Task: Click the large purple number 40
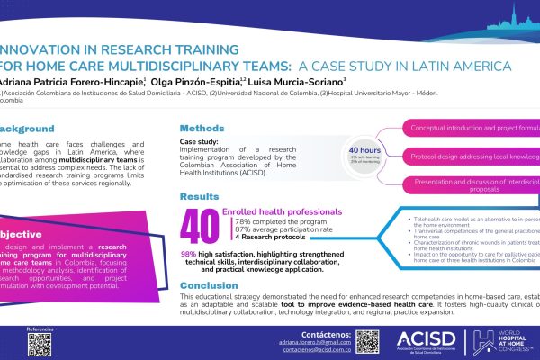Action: coord(199,225)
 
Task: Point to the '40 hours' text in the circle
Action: coord(364,150)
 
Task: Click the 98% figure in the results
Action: coord(189,230)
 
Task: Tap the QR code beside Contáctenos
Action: coord(365,340)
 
